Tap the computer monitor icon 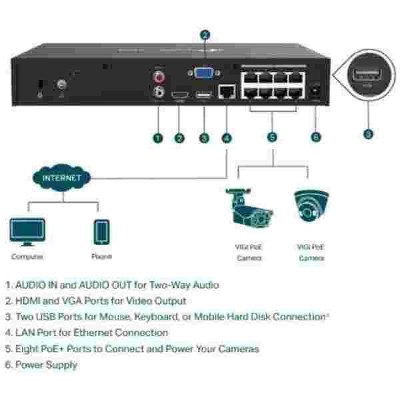tap(27, 231)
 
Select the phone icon tap(101, 231)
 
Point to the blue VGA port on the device tap(205, 73)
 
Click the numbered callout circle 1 tap(158, 138)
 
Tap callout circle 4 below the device tap(227, 138)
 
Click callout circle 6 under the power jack tap(315, 137)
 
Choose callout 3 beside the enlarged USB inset tap(368, 134)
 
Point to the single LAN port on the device tap(227, 93)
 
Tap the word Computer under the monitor tap(27, 257)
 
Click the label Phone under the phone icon tap(101, 257)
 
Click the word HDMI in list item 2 tap(29, 301)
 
